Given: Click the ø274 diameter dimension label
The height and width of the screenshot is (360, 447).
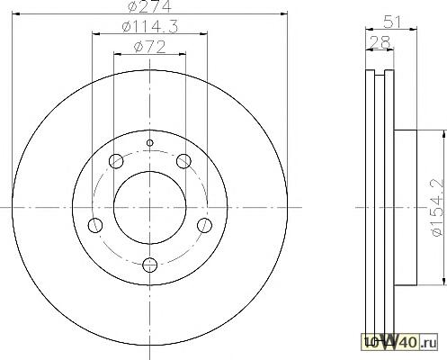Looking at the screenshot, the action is point(150,6).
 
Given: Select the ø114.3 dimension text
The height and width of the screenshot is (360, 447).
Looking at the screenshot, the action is point(150,26).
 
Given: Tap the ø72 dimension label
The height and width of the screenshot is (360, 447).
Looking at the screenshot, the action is point(150,47).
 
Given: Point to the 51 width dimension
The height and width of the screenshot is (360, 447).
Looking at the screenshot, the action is point(392,22).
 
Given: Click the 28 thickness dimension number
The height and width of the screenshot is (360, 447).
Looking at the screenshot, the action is point(380,42).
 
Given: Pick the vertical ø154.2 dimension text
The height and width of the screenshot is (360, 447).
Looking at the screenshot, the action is point(437,207).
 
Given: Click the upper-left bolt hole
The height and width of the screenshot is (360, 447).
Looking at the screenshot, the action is point(116,161).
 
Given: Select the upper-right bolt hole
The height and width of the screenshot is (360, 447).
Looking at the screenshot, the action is point(183,161).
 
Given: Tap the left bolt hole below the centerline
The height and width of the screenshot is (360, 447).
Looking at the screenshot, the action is point(95,225).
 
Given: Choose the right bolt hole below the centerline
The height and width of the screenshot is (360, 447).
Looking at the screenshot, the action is point(204,225).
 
